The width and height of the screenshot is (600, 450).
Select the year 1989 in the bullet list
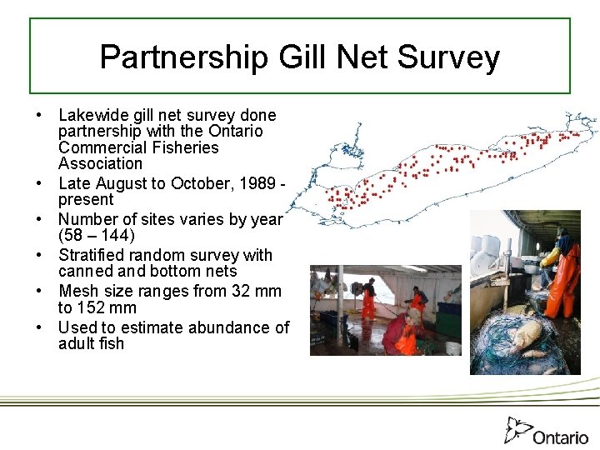[x=259, y=182]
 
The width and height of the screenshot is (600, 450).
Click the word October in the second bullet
[x=197, y=182]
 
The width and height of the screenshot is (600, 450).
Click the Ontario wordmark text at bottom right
[x=561, y=437]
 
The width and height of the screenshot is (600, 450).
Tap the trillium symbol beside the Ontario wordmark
[x=517, y=428]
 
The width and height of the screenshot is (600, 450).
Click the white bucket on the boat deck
[x=452, y=347]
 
